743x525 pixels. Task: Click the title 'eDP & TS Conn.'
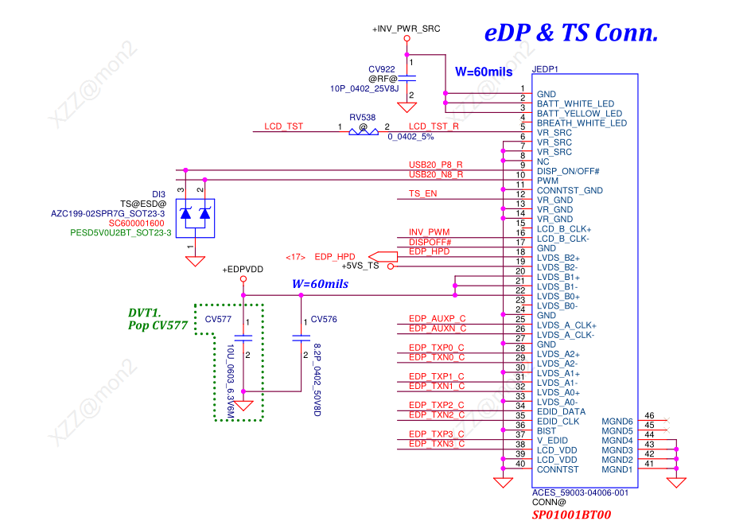tap(570, 33)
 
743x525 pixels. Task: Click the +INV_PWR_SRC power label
tap(406, 29)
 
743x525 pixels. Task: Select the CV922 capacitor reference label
tap(382, 69)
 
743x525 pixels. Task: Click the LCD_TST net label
tap(283, 126)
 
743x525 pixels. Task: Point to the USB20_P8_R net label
tap(435, 165)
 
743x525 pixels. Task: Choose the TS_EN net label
tap(422, 193)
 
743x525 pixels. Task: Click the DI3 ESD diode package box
tap(195, 213)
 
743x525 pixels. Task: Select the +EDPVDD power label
tap(243, 270)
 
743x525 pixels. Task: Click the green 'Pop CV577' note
tap(158, 325)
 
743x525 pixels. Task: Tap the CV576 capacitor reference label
tap(324, 319)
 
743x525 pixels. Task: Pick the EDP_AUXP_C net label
tap(437, 318)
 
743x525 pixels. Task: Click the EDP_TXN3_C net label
tap(436, 443)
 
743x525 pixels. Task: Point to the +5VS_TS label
tap(360, 266)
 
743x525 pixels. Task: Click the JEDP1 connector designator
tap(547, 69)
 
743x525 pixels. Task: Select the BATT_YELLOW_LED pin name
tap(579, 114)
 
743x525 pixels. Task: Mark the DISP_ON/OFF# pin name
tap(568, 171)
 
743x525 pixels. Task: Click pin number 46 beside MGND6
tap(650, 415)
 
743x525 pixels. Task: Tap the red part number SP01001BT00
tap(571, 515)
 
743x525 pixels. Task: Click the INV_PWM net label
tap(429, 231)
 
